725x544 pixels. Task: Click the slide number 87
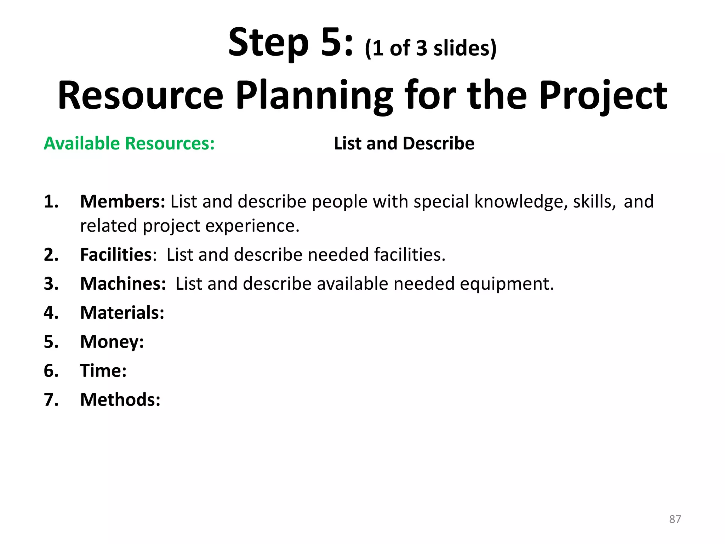[x=675, y=519]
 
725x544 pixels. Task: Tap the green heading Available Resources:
[x=129, y=143]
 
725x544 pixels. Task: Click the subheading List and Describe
[x=404, y=143]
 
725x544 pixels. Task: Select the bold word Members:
[x=122, y=202]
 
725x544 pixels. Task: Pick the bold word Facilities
[x=116, y=255]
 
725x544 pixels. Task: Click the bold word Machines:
[x=123, y=284]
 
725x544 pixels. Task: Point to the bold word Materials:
[x=122, y=313]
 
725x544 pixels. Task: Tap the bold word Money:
[x=112, y=342]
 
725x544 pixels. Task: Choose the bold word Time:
[x=103, y=371]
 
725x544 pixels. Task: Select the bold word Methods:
[x=120, y=400]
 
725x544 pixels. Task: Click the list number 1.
[x=51, y=202]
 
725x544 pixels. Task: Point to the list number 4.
[x=51, y=313]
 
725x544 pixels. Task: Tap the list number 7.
[x=51, y=400]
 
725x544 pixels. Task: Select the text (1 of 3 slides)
[x=430, y=48]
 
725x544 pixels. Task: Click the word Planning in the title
[x=314, y=96]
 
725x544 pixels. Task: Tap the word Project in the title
[x=603, y=96]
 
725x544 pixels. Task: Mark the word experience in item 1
[x=252, y=226]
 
